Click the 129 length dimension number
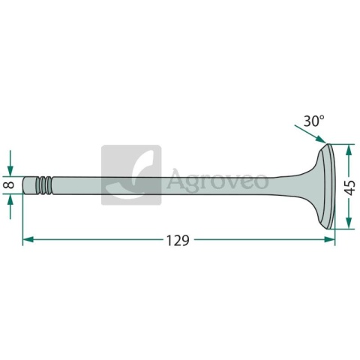coord(178,241)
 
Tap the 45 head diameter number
coord(350,187)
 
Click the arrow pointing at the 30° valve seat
coord(310,134)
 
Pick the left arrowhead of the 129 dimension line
coord(28,239)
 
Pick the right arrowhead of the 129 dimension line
coord(329,239)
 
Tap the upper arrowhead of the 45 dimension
coord(349,150)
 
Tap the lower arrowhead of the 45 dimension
coord(349,223)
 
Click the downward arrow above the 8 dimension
coord(10,163)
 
